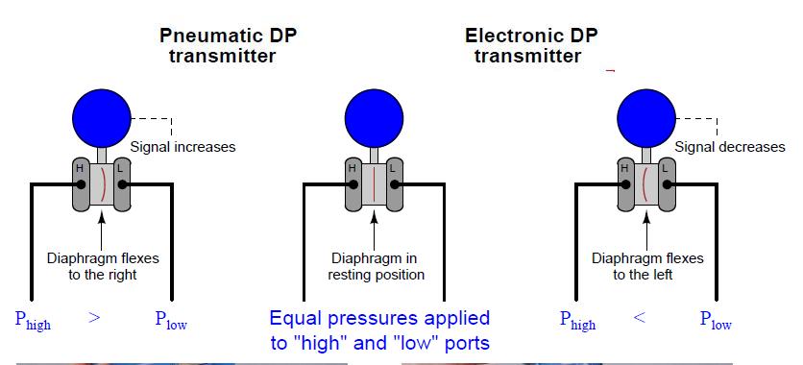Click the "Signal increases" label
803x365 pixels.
(182, 147)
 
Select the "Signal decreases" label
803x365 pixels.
(730, 147)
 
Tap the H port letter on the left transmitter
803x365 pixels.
(80, 170)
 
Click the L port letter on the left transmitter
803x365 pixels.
(119, 170)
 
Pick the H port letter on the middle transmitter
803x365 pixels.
(352, 170)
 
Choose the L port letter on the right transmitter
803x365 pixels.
(663, 170)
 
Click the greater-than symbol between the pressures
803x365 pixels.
(94, 318)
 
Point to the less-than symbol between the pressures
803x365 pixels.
(639, 318)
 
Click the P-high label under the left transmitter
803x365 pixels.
(32, 321)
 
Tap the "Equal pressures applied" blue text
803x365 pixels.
(379, 318)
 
